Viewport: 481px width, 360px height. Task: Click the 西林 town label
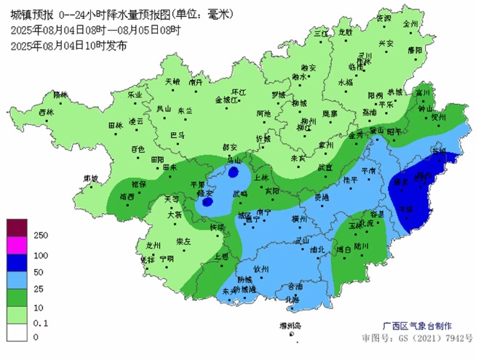tap(46, 112)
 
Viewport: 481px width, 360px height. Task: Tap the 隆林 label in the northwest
tap(60, 95)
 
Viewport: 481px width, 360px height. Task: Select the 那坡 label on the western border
tap(91, 177)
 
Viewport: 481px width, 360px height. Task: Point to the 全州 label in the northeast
tap(411, 23)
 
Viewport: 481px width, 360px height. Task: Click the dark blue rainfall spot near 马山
tap(233, 172)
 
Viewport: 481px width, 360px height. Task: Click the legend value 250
tap(41, 236)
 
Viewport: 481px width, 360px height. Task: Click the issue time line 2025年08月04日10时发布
tap(69, 45)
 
